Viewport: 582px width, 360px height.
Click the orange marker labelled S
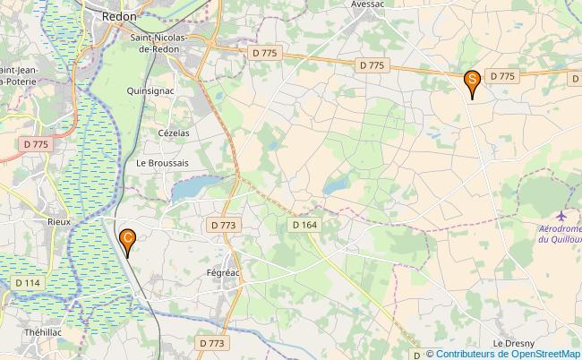[x=472, y=83]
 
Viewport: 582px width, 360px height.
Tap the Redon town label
[x=119, y=16]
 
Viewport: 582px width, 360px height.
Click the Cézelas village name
[x=174, y=133]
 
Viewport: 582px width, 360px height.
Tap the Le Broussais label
[x=162, y=164]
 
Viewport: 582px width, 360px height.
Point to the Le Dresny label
[x=513, y=344]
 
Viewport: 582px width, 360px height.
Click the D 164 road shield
[x=304, y=226]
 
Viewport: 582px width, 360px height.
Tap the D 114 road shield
[x=28, y=283]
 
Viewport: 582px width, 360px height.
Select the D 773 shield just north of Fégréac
[x=223, y=226]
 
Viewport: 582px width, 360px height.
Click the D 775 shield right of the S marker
[x=501, y=76]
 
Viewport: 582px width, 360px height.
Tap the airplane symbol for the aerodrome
[x=561, y=216]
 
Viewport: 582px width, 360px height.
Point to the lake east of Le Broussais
[x=193, y=189]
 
